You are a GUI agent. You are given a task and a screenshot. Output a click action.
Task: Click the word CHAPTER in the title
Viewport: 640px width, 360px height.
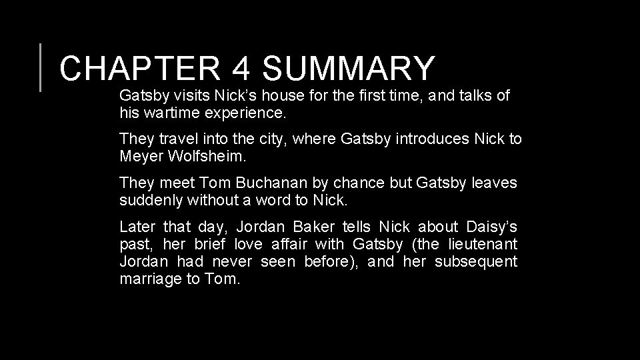point(136,69)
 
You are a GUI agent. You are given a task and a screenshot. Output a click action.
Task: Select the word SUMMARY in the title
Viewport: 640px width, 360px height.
point(348,69)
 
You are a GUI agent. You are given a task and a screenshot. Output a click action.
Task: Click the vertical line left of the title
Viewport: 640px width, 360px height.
point(41,67)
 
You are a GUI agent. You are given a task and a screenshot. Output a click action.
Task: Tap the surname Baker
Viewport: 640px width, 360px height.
point(312,226)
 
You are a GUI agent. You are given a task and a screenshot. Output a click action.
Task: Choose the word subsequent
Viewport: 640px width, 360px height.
point(476,261)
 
